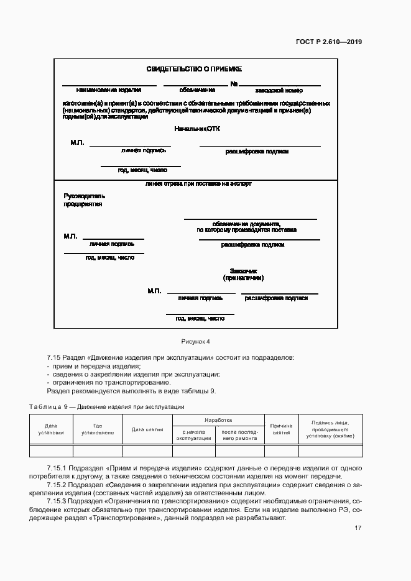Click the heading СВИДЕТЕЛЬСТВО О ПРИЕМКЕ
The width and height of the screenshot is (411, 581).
193,70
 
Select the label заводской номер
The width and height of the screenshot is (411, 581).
282,90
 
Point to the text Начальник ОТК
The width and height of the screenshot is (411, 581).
197,129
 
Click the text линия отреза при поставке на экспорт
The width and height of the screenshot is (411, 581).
198,184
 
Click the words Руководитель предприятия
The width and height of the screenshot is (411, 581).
84,199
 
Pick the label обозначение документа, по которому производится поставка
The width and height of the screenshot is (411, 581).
247,226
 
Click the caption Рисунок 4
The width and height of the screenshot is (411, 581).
196,341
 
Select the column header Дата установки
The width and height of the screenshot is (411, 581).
50,429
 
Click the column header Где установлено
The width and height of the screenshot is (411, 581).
98,429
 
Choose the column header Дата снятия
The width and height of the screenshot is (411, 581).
147,429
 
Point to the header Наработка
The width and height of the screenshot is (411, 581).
218,420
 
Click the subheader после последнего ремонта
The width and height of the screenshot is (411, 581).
239,435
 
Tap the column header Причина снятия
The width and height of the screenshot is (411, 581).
281,429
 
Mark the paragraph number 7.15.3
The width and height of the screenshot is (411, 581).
59,500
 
